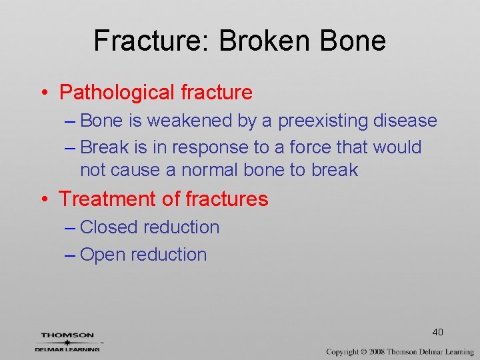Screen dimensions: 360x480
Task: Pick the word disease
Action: point(405,121)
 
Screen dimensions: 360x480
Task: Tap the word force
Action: point(306,147)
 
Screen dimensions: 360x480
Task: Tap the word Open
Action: point(102,255)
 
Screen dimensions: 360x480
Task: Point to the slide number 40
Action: point(437,332)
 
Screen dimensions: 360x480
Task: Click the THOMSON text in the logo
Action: point(67,335)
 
